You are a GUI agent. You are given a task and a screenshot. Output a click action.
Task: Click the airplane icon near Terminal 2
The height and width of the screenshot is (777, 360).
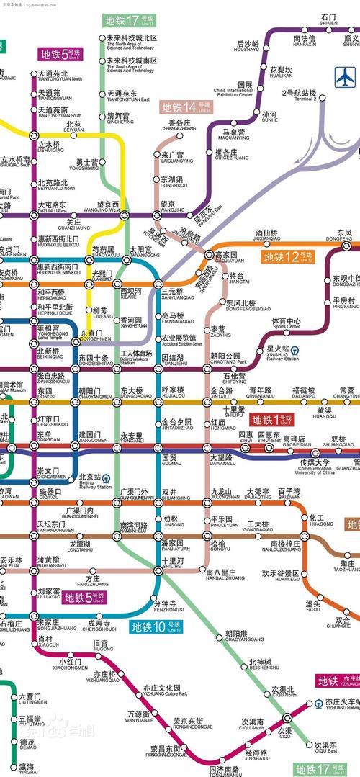click(x=346, y=76)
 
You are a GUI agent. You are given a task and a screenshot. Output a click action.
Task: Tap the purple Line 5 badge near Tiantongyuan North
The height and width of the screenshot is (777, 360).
click(x=61, y=53)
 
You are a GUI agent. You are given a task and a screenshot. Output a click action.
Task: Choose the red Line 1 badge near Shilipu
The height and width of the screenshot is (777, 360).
click(x=271, y=419)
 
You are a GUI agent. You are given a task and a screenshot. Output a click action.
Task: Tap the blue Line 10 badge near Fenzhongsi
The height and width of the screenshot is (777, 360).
click(x=156, y=626)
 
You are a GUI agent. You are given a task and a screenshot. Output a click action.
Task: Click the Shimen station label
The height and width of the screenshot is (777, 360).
click(x=328, y=19)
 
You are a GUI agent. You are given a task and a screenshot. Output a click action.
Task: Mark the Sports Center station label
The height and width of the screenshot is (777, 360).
click(x=286, y=323)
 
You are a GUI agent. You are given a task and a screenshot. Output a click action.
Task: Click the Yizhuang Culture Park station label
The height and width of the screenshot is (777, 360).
click(x=165, y=691)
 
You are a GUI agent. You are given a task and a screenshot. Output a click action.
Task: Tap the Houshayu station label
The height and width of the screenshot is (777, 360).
click(x=247, y=47)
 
